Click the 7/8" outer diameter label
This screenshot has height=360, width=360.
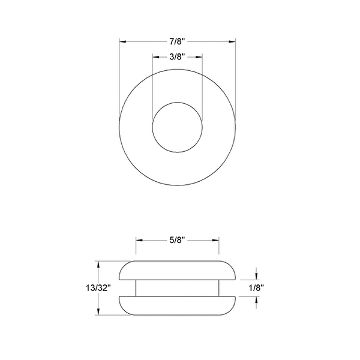click(176, 41)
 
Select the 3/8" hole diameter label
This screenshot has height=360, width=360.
click(176, 56)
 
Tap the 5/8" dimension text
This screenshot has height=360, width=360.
click(176, 240)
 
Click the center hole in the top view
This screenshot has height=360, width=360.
click(177, 130)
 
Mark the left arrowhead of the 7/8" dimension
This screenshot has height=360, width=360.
click(122, 41)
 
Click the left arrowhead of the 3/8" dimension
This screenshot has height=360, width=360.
click(155, 56)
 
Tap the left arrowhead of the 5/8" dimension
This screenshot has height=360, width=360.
click(139, 240)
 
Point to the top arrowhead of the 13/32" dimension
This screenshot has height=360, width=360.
click(99, 263)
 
